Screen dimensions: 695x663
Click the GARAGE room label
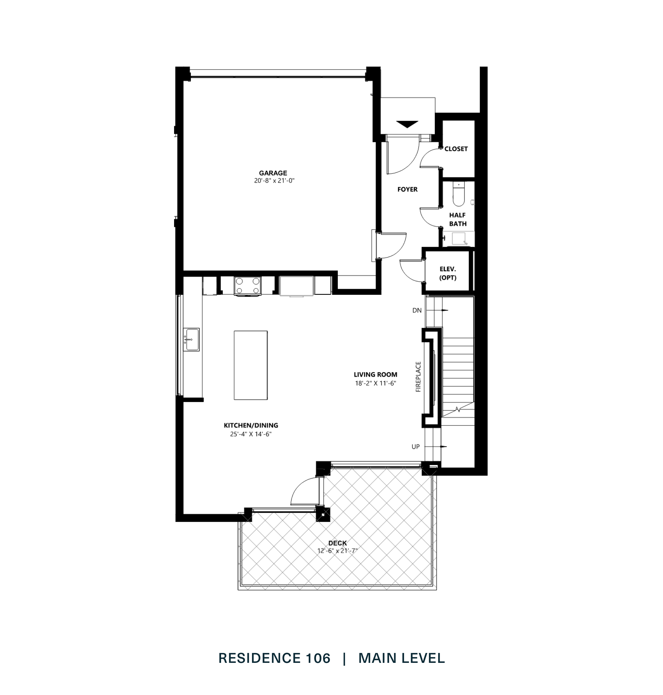273,173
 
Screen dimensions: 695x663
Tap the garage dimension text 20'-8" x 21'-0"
274,180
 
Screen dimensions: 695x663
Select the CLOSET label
456,149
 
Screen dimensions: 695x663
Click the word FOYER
407,189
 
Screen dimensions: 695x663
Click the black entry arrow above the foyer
407,124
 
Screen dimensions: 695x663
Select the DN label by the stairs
417,310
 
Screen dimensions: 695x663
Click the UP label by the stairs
415,447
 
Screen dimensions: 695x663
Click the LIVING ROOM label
375,374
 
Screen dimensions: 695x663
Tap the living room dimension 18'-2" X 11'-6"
375,383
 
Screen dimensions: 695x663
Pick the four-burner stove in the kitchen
248,286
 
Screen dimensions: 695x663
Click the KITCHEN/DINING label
251,425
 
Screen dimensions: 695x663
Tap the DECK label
337,543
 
